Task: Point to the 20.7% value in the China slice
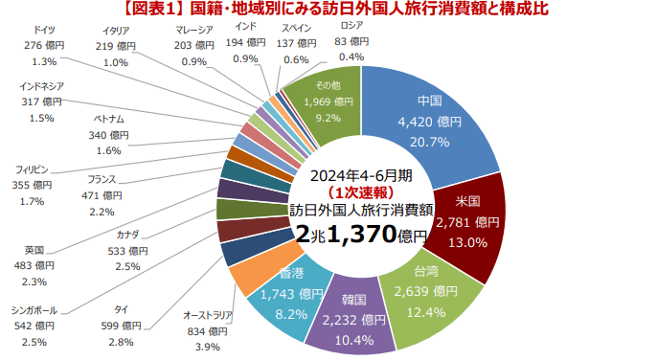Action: click(x=430, y=142)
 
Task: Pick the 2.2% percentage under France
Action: click(x=101, y=212)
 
